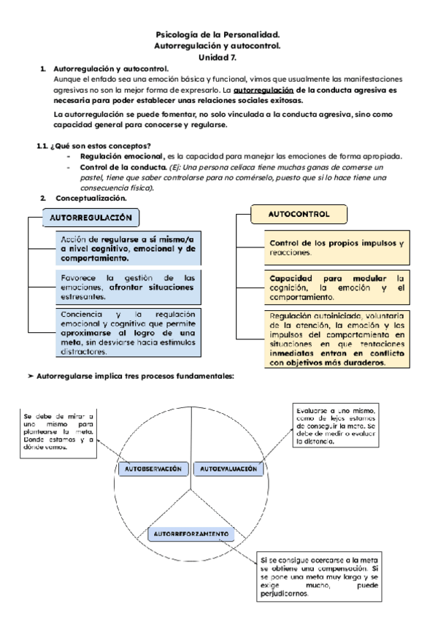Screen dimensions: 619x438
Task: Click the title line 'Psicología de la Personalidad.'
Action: click(218, 34)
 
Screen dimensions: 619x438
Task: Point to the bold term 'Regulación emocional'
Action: click(121, 156)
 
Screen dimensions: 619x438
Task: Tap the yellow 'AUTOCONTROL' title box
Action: click(299, 215)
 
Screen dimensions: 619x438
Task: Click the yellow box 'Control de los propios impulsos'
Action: click(337, 247)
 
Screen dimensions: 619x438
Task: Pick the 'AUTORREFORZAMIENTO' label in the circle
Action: click(191, 534)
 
